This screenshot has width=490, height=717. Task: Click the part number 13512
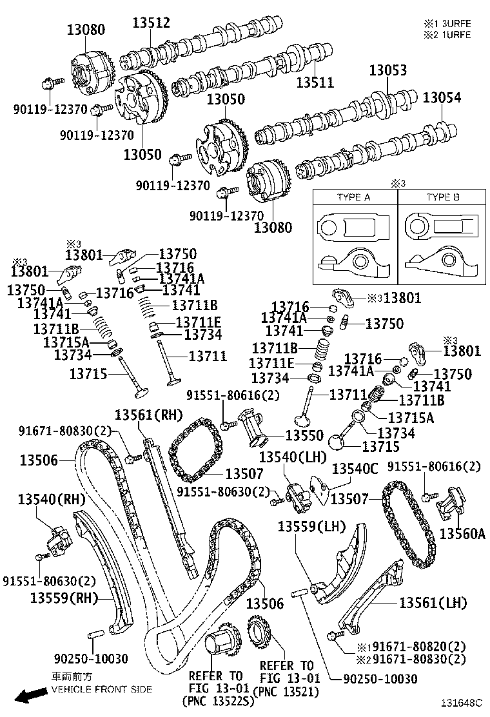click(152, 23)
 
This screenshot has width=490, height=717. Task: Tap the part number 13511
click(315, 83)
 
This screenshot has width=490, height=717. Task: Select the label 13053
click(388, 70)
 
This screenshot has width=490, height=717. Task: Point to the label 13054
click(442, 97)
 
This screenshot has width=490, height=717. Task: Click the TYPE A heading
click(354, 197)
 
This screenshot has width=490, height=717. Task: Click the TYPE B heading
click(443, 197)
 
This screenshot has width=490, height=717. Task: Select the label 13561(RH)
click(148, 415)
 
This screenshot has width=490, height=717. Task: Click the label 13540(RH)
click(52, 499)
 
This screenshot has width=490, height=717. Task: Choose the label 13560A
click(462, 533)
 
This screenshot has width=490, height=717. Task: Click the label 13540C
click(355, 469)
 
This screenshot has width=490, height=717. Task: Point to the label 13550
click(304, 435)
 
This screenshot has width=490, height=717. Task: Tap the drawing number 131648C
click(462, 702)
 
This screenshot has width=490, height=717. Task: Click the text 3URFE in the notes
click(456, 23)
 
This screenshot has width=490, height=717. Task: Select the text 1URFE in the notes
click(456, 35)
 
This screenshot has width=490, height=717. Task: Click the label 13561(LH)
click(433, 603)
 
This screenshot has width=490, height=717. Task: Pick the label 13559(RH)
click(64, 598)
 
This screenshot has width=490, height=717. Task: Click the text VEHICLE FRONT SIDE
click(101, 689)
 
